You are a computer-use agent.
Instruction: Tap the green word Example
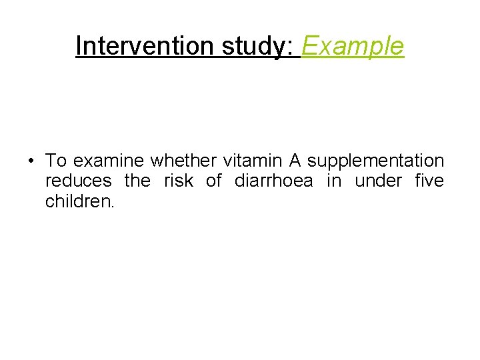[x=353, y=46]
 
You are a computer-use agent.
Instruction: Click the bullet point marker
[x=31, y=161]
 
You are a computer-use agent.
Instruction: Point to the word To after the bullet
[x=56, y=161]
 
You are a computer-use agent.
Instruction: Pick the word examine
[x=109, y=161]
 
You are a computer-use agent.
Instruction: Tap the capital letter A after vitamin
[x=295, y=161]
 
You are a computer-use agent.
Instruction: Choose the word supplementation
[x=375, y=161]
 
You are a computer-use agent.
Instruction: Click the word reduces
[x=79, y=181]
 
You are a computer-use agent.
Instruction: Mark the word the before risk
[x=139, y=181]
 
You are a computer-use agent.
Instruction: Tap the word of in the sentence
[x=214, y=181]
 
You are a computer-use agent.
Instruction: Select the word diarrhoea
[x=273, y=181]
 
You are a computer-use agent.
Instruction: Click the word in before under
[x=333, y=181]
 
